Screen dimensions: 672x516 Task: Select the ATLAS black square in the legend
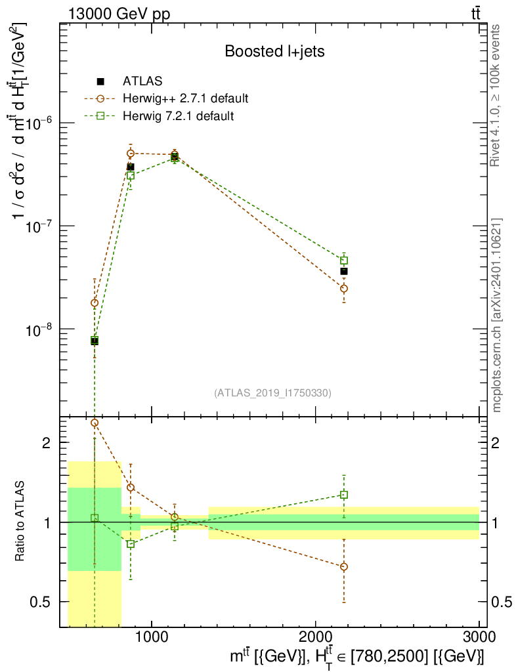(100, 81)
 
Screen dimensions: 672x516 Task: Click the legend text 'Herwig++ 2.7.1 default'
(185, 99)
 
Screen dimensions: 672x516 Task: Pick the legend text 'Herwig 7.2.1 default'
(178, 116)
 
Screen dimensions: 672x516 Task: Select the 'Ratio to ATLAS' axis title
(20, 522)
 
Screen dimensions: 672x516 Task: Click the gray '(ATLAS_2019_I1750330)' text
(272, 393)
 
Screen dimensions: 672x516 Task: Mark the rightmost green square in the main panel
(344, 261)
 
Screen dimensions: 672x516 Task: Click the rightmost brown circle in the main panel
(344, 288)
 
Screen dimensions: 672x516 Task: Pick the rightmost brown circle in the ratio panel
(344, 566)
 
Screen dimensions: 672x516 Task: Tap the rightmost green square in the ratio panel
(344, 495)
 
